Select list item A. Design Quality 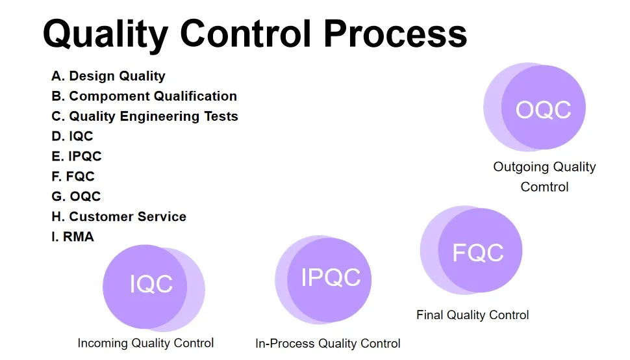[108, 76]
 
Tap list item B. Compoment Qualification [144, 96]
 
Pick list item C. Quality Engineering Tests [145, 116]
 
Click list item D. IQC [72, 136]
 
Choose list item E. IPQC [77, 156]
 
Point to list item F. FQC [73, 176]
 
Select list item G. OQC [76, 196]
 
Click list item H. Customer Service [119, 216]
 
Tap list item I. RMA [73, 237]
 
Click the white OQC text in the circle [543, 109]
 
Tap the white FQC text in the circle [478, 252]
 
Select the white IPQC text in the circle [331, 277]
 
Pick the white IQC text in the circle [151, 284]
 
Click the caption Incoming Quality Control [145, 343]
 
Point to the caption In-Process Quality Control [328, 344]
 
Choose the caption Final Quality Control [472, 315]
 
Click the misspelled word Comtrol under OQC [544, 187]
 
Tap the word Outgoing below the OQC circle [520, 167]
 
